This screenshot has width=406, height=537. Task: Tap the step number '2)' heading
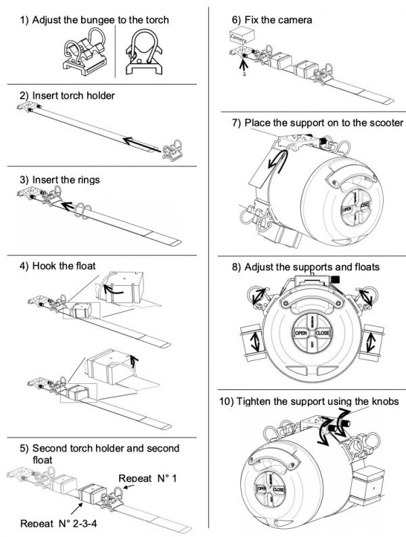click(24, 95)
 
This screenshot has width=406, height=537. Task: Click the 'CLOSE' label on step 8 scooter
click(323, 332)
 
